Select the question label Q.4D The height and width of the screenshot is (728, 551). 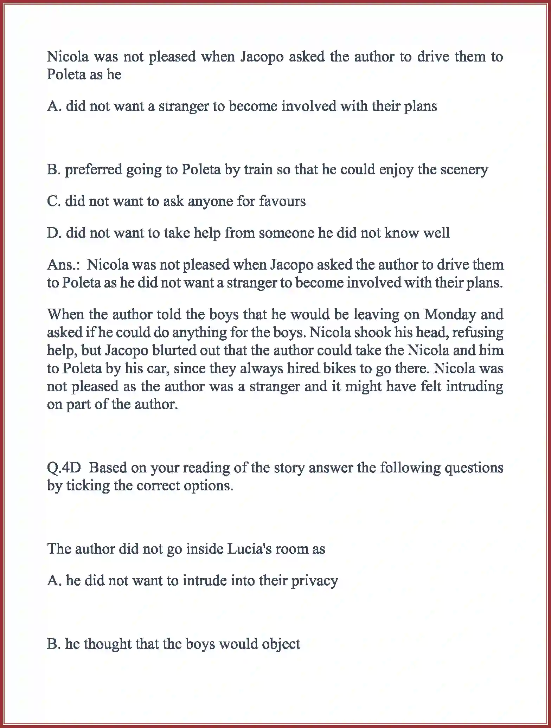click(x=64, y=468)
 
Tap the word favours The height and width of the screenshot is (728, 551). click(x=282, y=201)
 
